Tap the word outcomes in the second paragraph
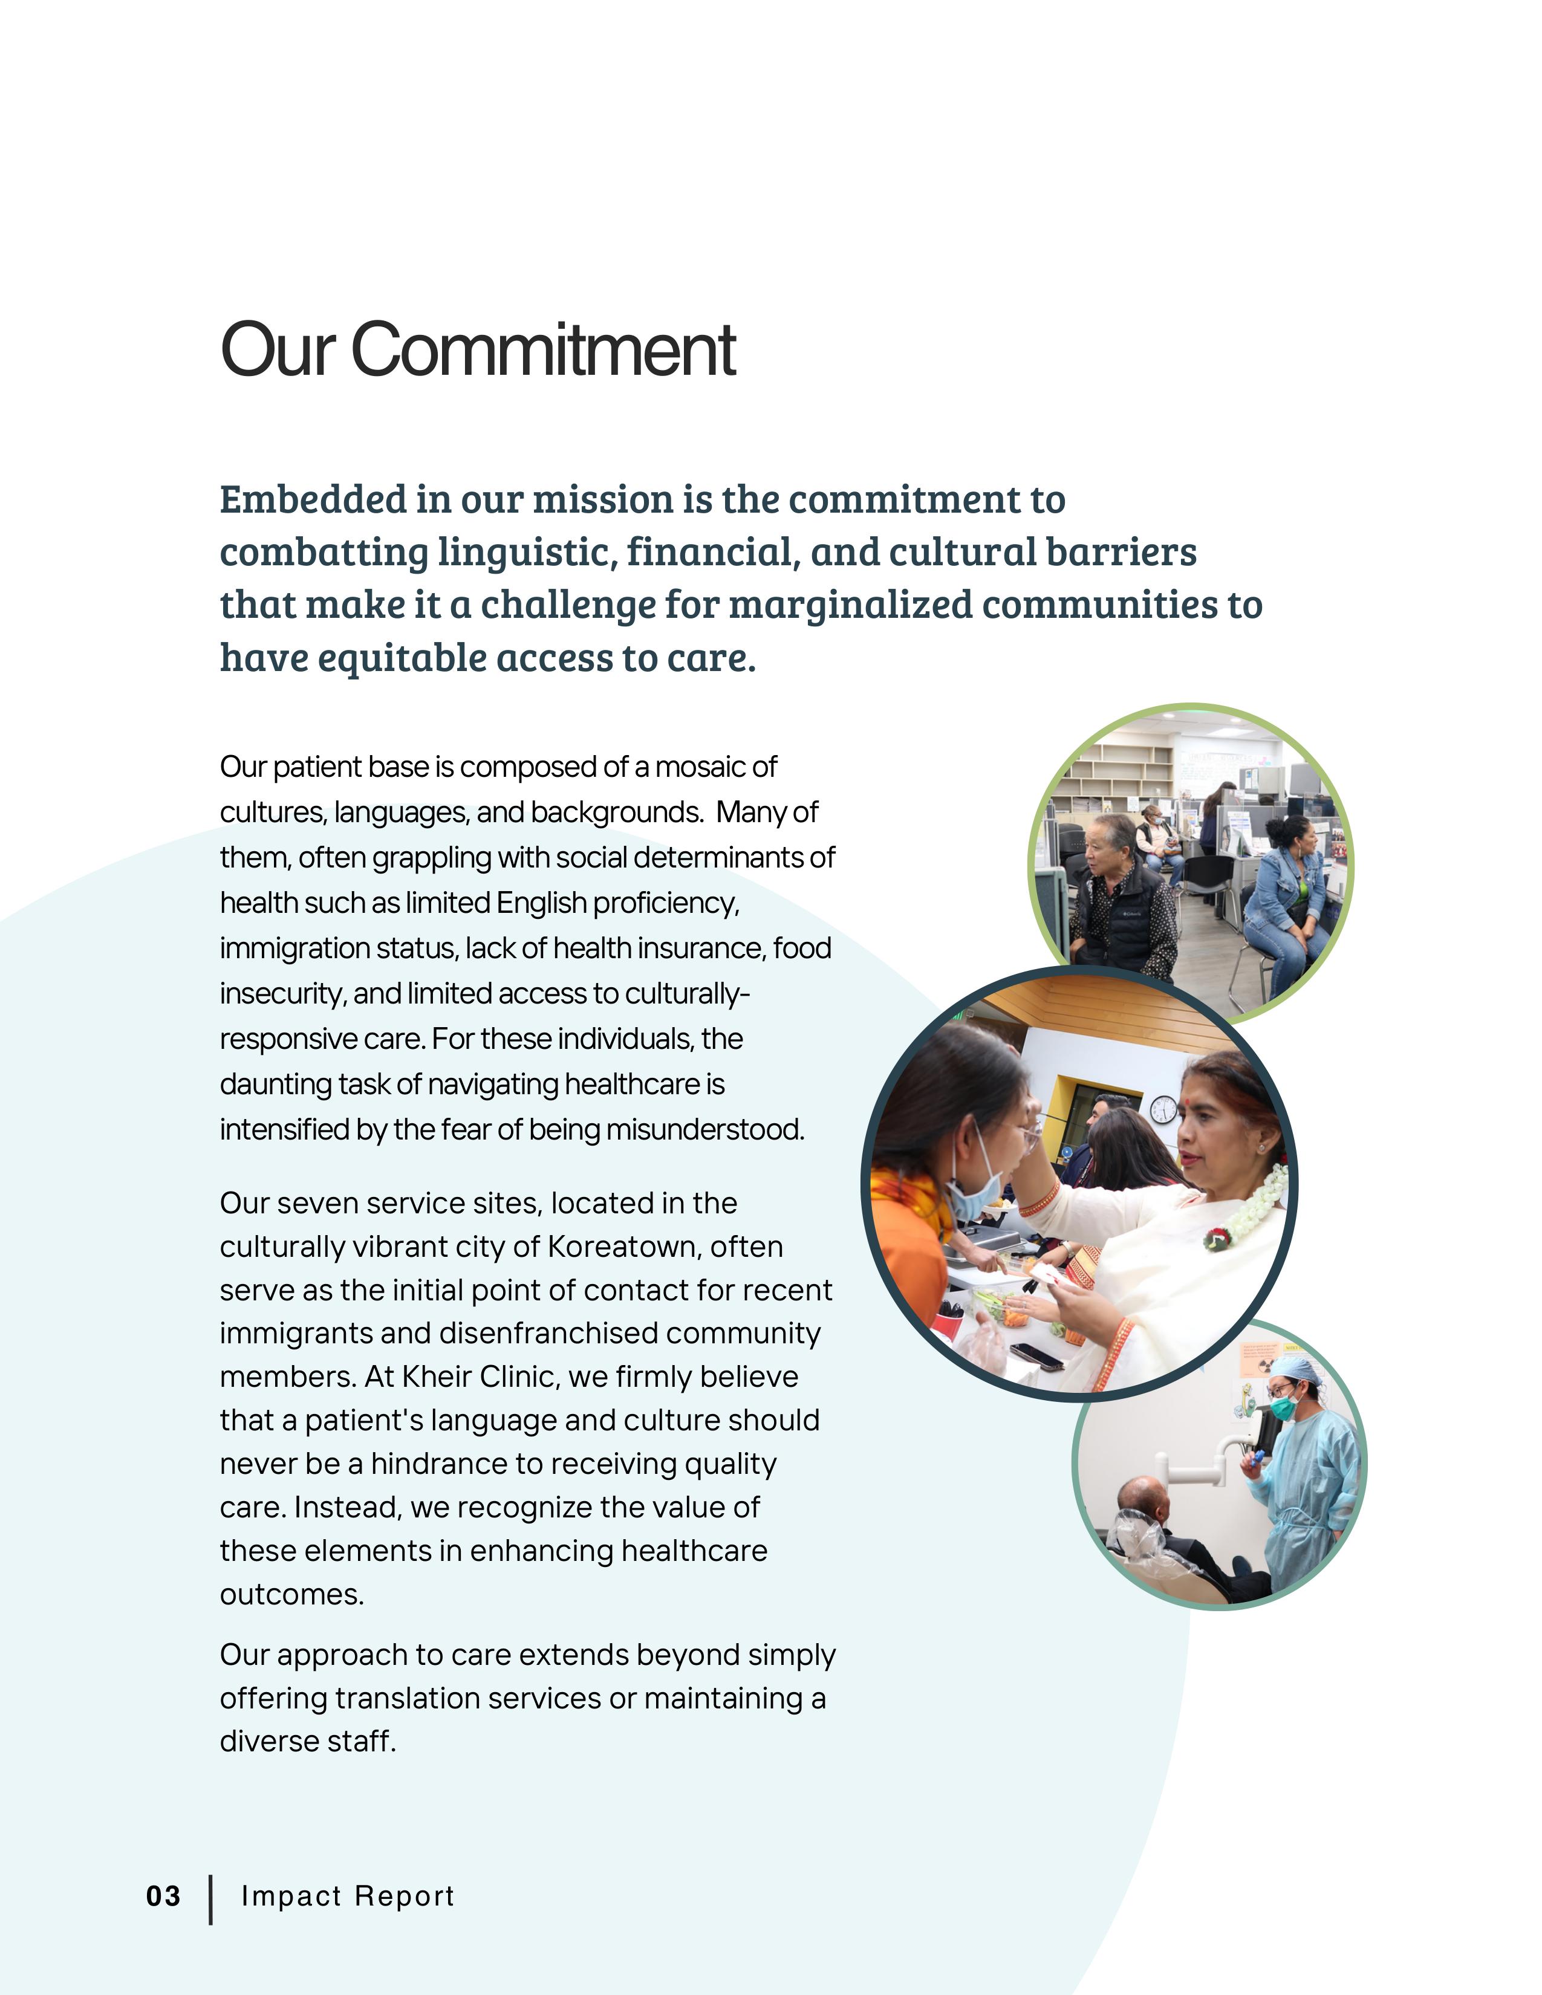click(x=291, y=1594)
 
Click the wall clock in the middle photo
click(x=1163, y=1110)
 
